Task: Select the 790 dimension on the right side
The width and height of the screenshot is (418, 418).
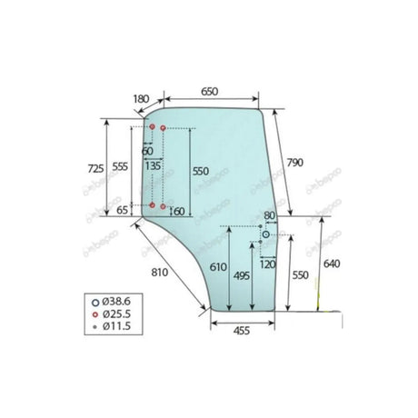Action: tap(294, 162)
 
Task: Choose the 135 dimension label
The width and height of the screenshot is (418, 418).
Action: tap(152, 166)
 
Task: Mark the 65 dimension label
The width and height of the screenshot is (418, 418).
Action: tap(123, 211)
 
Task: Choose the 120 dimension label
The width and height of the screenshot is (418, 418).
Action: tap(266, 264)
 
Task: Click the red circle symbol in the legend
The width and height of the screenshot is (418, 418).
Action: tap(95, 312)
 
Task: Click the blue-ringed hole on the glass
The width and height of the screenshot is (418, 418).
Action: tap(265, 234)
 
